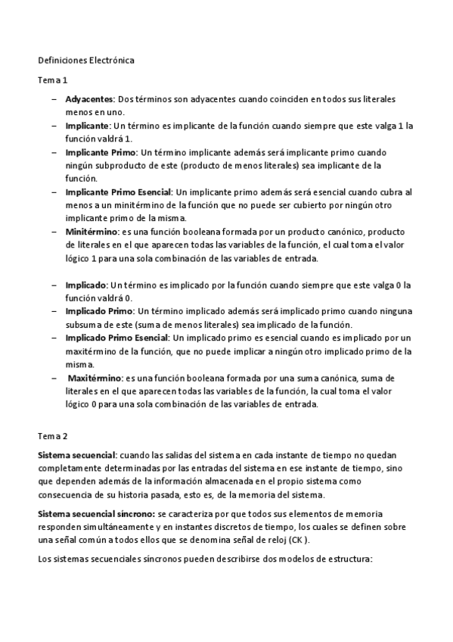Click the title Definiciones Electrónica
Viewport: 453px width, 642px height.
[86, 60]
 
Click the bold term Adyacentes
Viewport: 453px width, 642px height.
[90, 99]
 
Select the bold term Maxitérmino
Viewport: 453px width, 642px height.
[95, 377]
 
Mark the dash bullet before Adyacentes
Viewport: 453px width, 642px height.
[55, 99]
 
